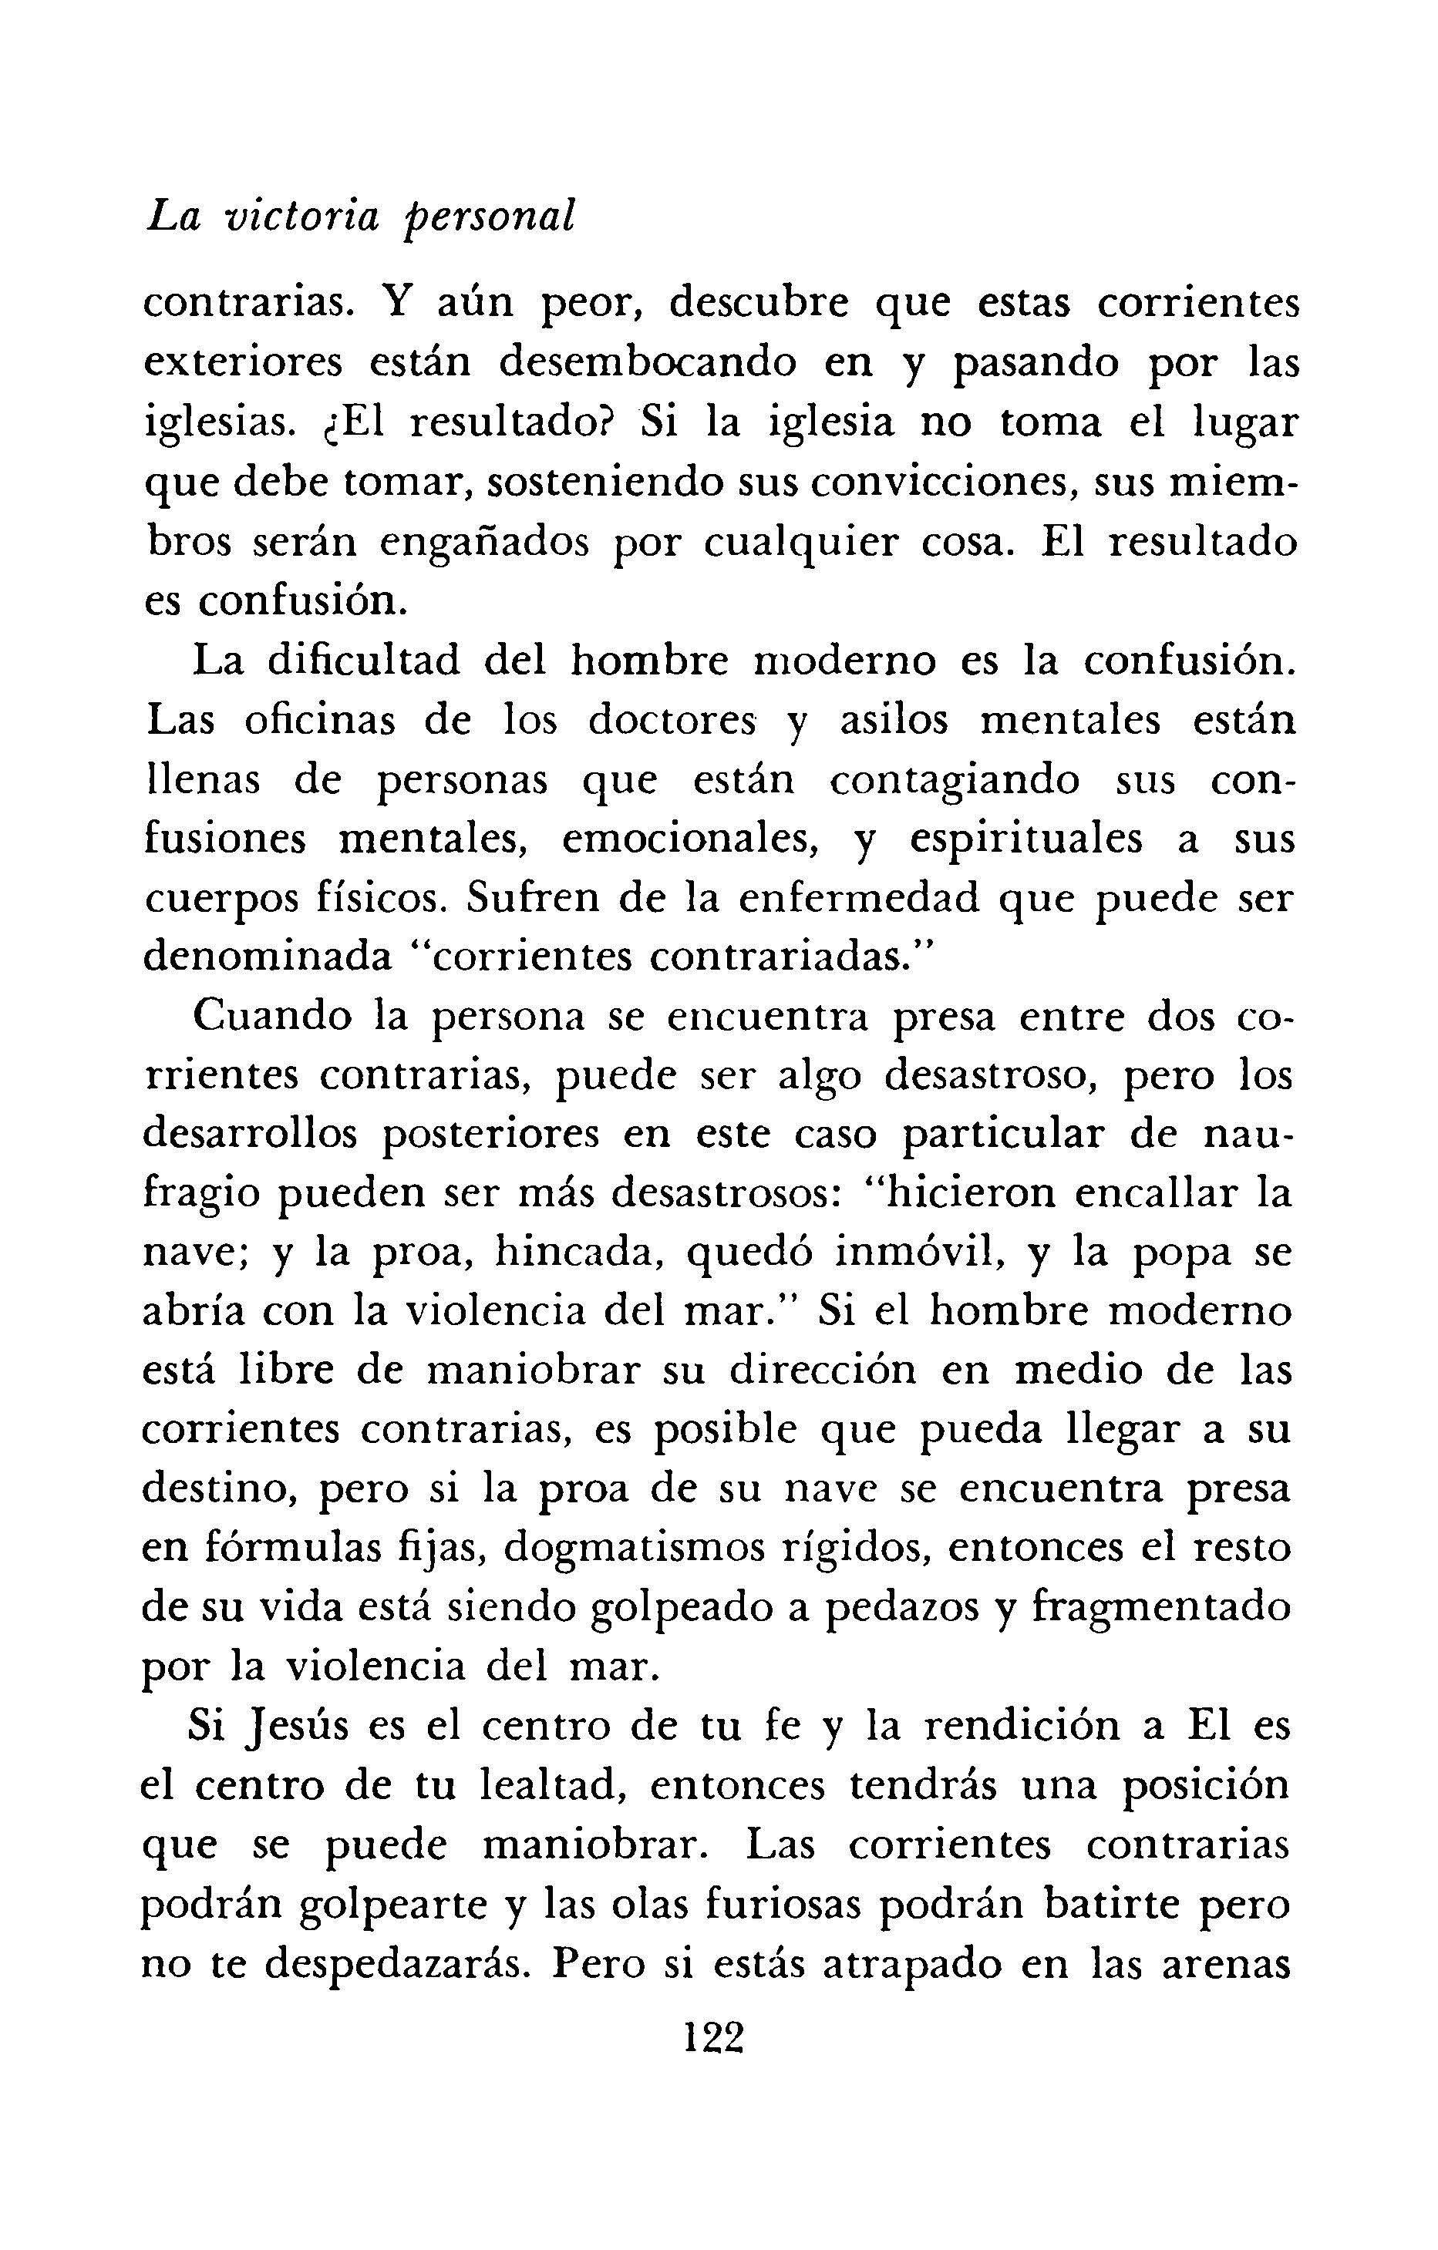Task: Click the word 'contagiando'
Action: (x=954, y=780)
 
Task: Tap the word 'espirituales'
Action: (x=1024, y=839)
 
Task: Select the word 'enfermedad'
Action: (x=857, y=899)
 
